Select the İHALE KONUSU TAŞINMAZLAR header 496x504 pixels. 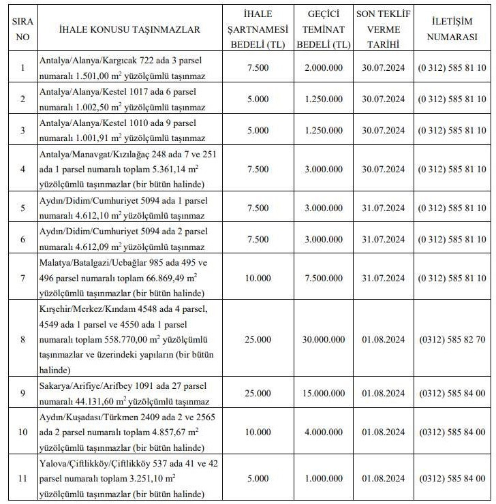pyautogui.click(x=129, y=29)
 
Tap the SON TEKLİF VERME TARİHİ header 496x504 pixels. pyautogui.click(x=384, y=29)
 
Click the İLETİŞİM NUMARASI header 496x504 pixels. pyautogui.click(x=452, y=29)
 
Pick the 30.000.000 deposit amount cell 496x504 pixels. pyautogui.click(x=324, y=339)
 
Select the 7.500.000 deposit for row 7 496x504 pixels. pyautogui.click(x=324, y=278)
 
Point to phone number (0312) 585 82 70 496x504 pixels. pyautogui.click(x=452, y=339)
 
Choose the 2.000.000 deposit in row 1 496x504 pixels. pyautogui.click(x=324, y=67)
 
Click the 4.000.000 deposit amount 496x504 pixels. pyautogui.click(x=324, y=432)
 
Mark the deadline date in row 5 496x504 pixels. pyautogui.click(x=384, y=208)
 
